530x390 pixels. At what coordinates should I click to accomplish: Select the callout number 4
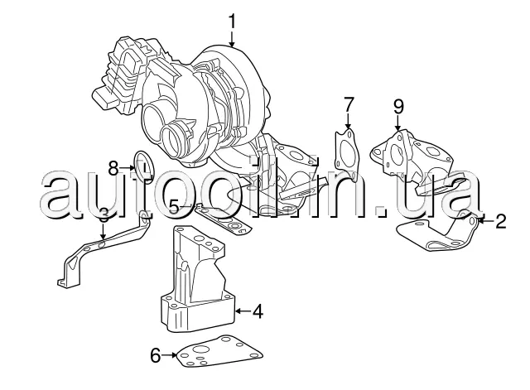tap(258, 311)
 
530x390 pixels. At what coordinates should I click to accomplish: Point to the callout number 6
tap(155, 355)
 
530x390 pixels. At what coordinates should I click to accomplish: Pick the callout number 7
tap(349, 105)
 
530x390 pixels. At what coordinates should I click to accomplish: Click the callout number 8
tap(113, 168)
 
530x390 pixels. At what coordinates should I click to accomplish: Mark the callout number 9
tap(398, 106)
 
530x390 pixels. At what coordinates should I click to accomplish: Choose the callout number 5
tap(175, 206)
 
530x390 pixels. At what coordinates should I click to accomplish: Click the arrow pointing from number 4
tap(243, 311)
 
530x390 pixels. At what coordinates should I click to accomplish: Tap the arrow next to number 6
tap(169, 355)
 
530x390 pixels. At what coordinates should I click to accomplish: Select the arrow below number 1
tap(232, 39)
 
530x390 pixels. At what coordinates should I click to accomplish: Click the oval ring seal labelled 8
tap(145, 166)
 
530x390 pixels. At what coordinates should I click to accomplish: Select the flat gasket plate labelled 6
tap(219, 352)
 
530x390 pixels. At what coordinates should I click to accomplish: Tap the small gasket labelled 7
tap(346, 155)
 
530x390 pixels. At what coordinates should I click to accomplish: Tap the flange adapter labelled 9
tap(412, 159)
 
